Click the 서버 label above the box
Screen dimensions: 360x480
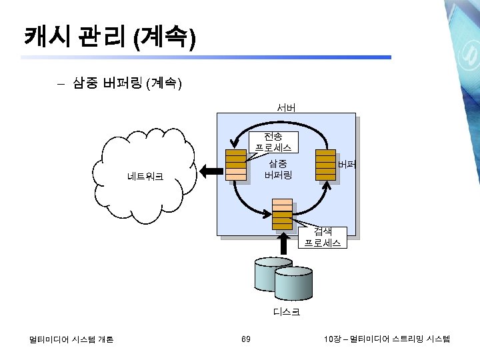[287, 107]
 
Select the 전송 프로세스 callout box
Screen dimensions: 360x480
[273, 141]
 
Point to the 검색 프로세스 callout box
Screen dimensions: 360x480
[323, 237]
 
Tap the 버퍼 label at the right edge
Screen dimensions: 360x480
[347, 164]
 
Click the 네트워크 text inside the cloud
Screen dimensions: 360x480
[145, 177]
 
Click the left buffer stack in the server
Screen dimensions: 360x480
[235, 165]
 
